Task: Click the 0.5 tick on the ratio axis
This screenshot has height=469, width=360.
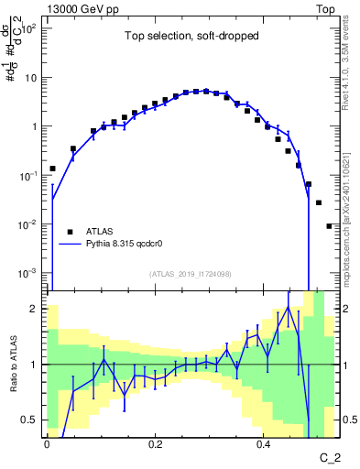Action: tap(34, 420)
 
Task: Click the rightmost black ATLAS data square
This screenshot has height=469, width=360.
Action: tap(329, 225)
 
